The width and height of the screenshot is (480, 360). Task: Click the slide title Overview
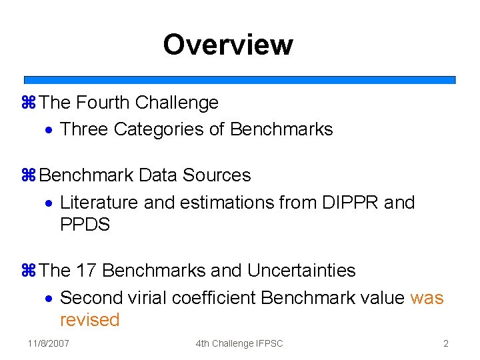227,45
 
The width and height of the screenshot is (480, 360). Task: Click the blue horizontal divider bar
240,79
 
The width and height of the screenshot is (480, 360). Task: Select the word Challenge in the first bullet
177,103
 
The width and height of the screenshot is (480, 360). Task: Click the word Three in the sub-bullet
84,129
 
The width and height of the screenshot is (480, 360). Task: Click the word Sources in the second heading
217,175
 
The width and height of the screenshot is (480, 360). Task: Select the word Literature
99,202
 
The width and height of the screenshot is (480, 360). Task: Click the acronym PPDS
85,225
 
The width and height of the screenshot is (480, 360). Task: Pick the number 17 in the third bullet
87,271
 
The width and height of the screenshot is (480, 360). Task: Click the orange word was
427,297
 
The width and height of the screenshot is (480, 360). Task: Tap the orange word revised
89,320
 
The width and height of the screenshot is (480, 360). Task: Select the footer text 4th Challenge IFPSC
239,343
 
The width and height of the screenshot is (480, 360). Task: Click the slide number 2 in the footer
445,343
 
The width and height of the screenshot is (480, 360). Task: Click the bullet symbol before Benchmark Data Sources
28,176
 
